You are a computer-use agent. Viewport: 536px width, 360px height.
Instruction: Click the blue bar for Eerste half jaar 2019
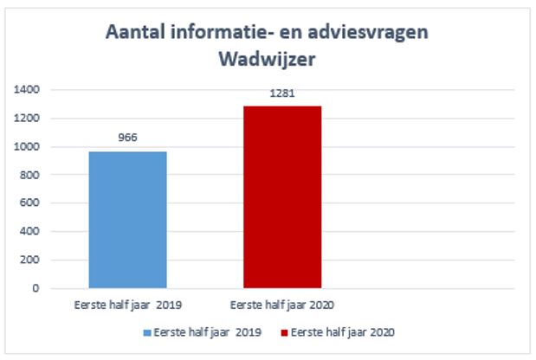coord(127,220)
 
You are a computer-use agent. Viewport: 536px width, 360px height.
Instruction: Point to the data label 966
coord(127,137)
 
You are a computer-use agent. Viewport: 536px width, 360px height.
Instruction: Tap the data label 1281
coord(282,93)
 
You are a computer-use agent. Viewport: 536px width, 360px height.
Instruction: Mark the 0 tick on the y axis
coord(36,288)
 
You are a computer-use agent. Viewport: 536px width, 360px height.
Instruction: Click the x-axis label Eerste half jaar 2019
coord(127,305)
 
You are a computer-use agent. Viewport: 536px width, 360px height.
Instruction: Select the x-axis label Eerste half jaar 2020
coord(282,305)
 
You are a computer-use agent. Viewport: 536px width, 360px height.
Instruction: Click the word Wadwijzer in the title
coord(268,59)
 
